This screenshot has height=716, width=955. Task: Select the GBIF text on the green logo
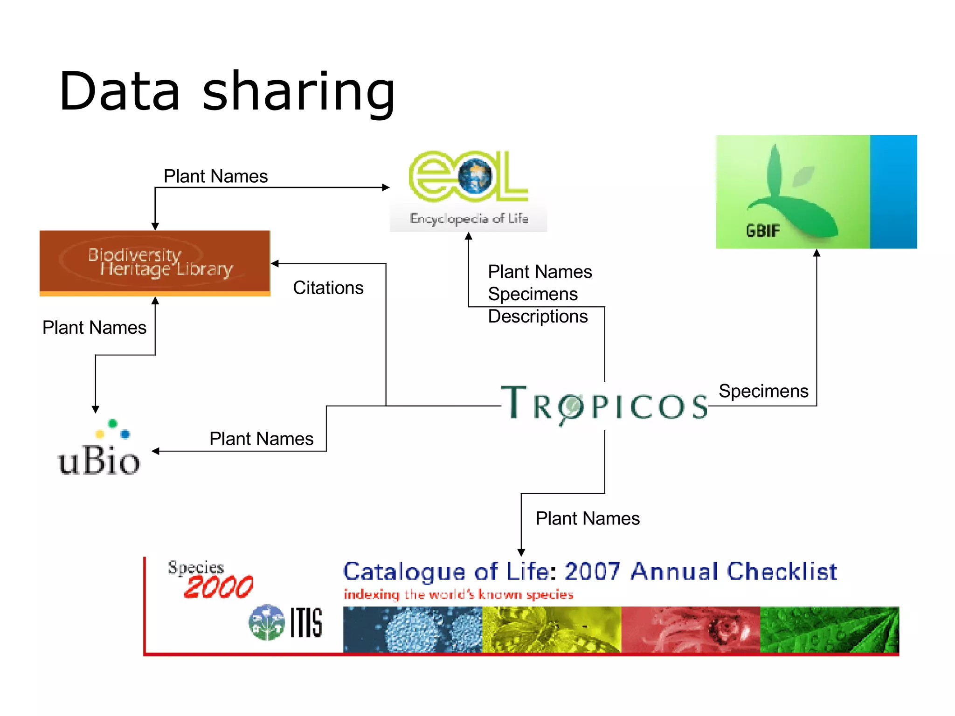[x=762, y=231]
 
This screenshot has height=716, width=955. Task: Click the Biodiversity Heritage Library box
[x=155, y=262]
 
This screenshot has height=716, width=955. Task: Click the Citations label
[x=328, y=288]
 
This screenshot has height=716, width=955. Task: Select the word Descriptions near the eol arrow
[x=538, y=317]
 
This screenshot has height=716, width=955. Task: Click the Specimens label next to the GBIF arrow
[x=763, y=391]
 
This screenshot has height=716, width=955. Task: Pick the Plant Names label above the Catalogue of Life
[x=588, y=518]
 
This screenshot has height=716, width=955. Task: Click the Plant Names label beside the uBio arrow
[x=261, y=439]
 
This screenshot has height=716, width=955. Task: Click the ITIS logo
[x=285, y=622]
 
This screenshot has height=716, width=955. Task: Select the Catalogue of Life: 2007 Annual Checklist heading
[x=590, y=571]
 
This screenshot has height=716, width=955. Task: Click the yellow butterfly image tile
[x=551, y=629]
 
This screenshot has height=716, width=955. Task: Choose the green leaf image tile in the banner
[x=829, y=629]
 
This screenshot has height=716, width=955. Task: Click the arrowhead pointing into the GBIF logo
[x=817, y=253]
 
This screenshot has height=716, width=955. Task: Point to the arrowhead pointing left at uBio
[x=156, y=451]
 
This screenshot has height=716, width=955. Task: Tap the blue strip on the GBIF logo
[x=893, y=192]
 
